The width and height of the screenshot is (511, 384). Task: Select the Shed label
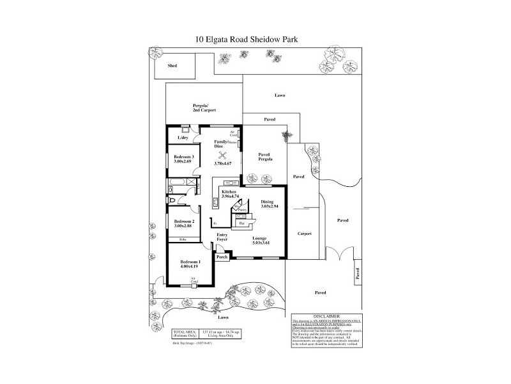[x=172, y=66]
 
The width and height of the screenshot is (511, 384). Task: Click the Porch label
[x=222, y=257]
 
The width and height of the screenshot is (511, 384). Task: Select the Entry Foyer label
[x=222, y=237]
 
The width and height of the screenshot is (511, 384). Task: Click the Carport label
[x=305, y=234]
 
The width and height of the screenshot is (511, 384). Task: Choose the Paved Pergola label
[x=265, y=157]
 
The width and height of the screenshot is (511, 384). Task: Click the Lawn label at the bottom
[x=222, y=317]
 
